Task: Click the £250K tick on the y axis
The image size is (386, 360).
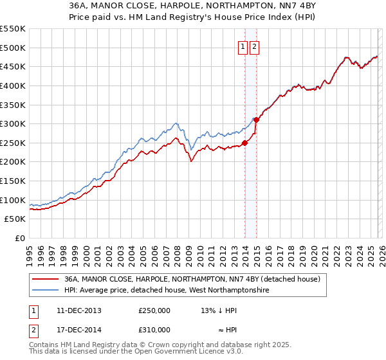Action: pyautogui.click(x=13, y=143)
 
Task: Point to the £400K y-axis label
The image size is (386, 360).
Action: pyautogui.click(x=13, y=85)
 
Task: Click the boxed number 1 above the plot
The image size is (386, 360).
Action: pyautogui.click(x=243, y=46)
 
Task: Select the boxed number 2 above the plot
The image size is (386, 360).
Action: pyautogui.click(x=255, y=46)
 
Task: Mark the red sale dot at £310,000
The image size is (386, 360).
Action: pyautogui.click(x=256, y=120)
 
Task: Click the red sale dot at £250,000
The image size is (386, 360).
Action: pyautogui.click(x=244, y=143)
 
